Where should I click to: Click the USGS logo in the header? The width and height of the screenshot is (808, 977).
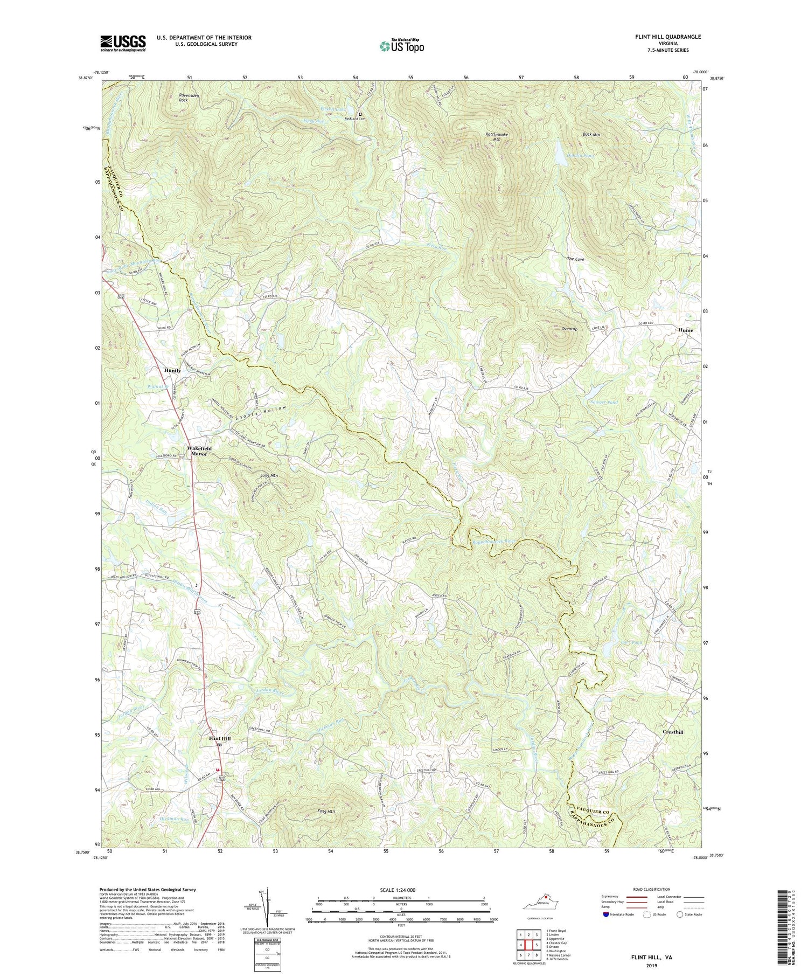(123, 43)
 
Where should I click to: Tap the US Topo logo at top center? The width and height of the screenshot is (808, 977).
(401, 46)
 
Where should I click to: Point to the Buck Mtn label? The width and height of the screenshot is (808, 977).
(591, 134)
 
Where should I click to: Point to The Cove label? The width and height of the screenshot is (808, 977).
(575, 259)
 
